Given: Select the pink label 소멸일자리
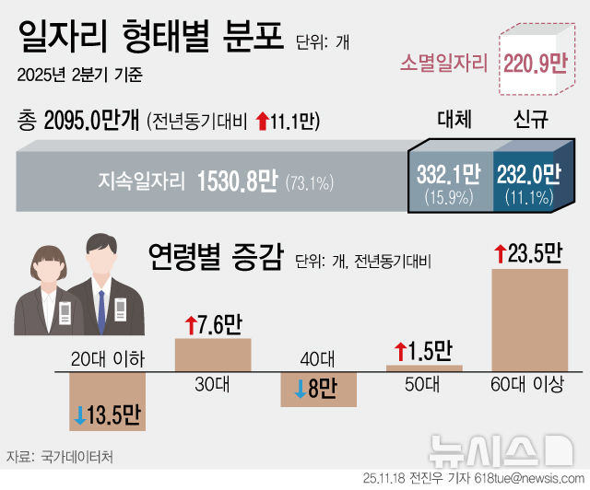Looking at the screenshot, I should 442,64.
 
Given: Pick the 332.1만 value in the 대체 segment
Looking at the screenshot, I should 449,173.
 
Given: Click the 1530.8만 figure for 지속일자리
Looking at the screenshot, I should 237,181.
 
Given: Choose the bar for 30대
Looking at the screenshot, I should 213,353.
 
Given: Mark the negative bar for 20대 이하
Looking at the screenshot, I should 108,402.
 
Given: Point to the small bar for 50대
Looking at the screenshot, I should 423,367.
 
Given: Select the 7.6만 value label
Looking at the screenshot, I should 213,324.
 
